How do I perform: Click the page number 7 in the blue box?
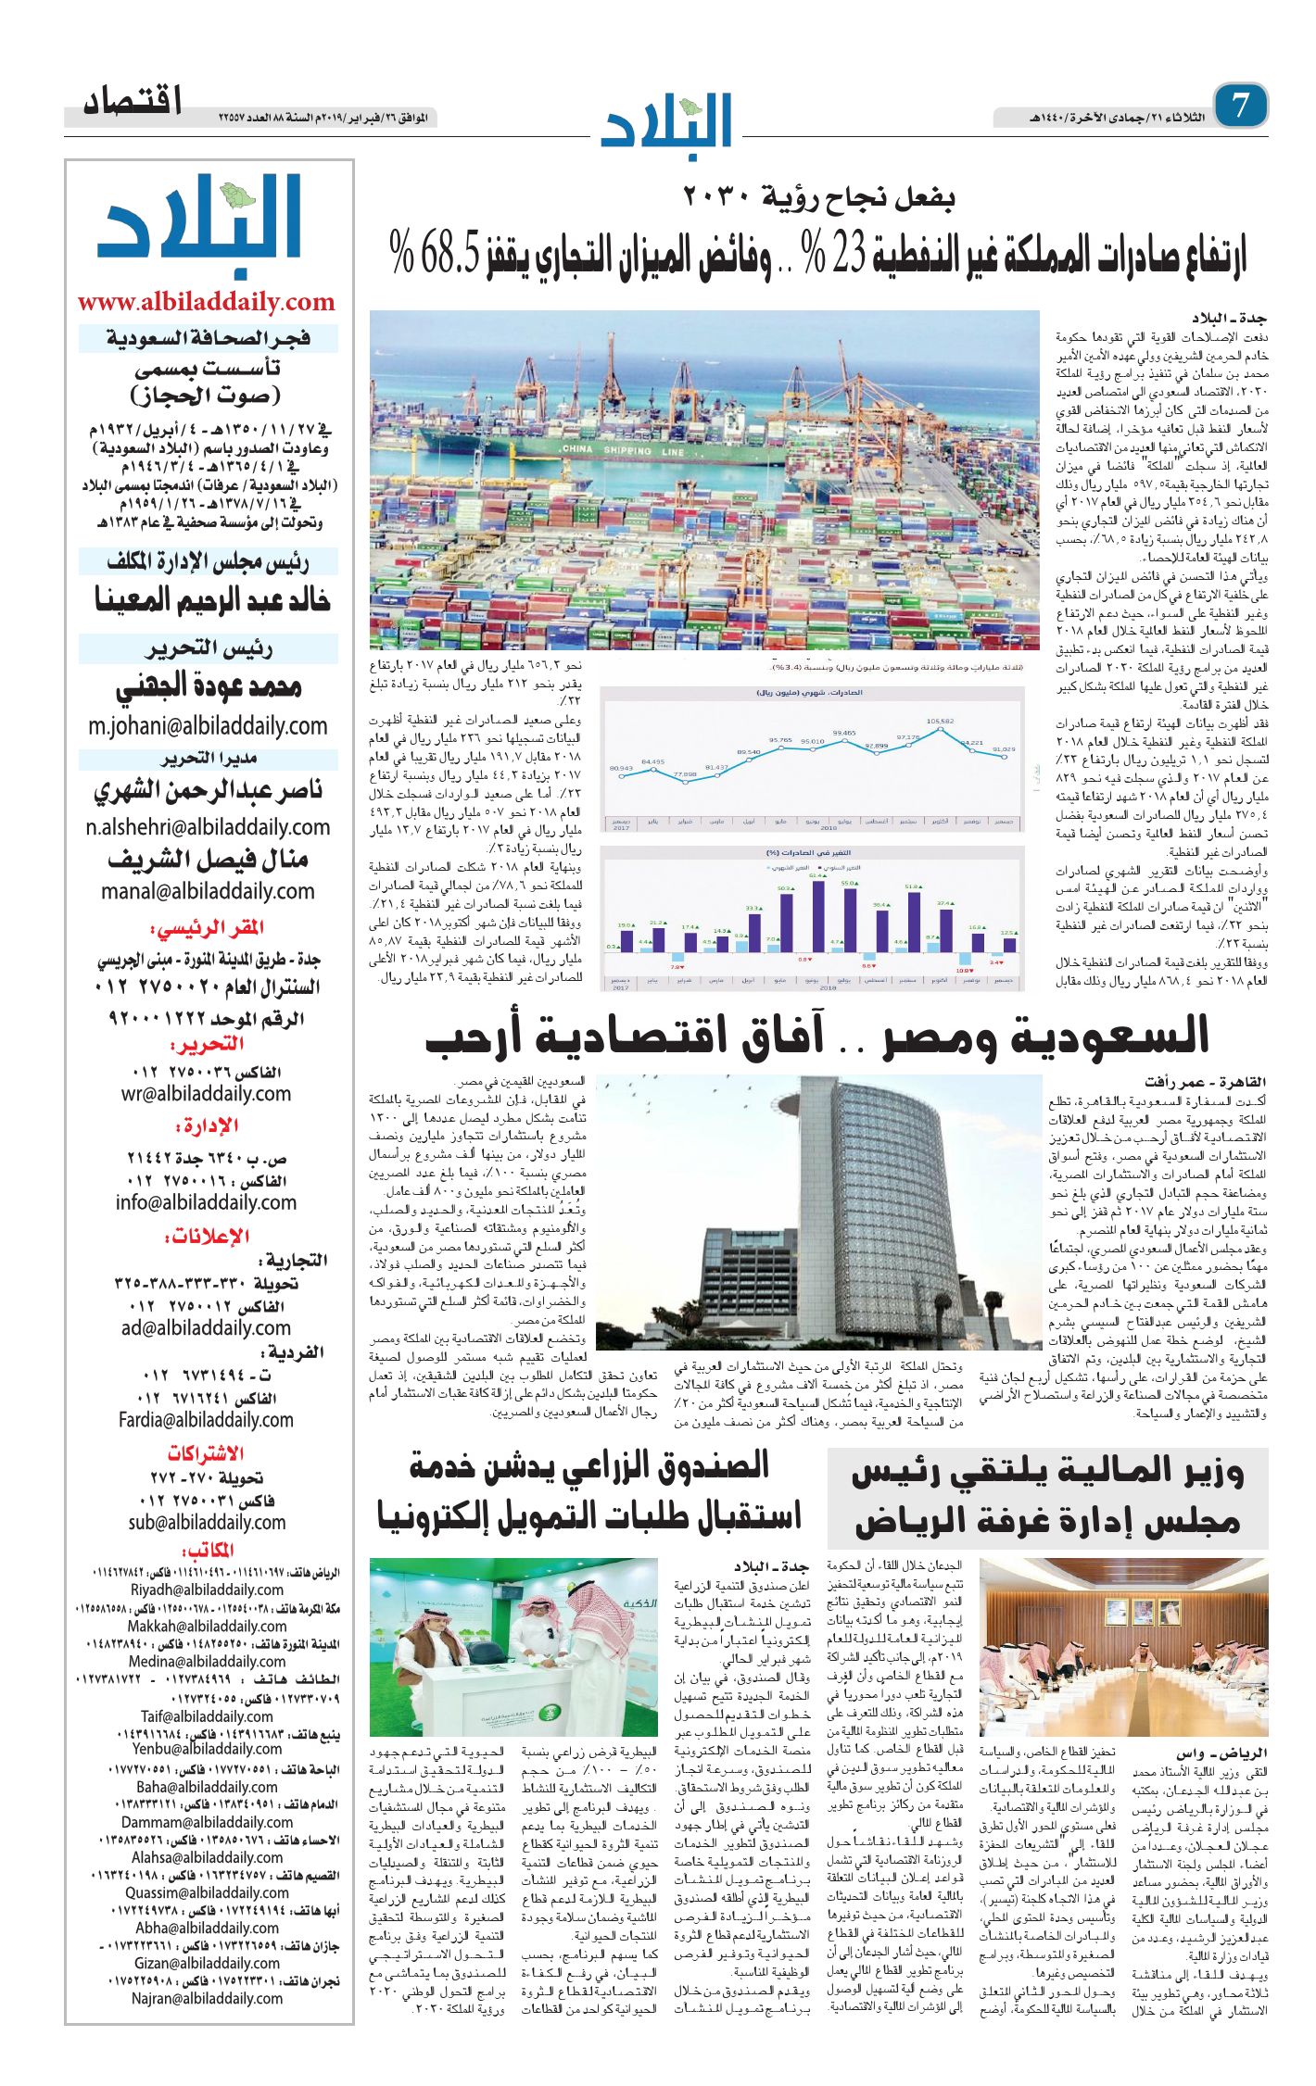tap(1239, 106)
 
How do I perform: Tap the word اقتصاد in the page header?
tap(133, 102)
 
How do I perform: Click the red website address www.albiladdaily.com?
tap(206, 302)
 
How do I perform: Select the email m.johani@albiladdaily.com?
tap(208, 726)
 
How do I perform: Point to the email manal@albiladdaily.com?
tap(208, 891)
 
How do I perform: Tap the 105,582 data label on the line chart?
tap(939, 722)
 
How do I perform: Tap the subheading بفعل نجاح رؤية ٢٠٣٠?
tap(818, 197)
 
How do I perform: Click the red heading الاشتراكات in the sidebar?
tap(205, 1452)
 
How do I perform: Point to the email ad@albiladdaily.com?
tap(206, 1327)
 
